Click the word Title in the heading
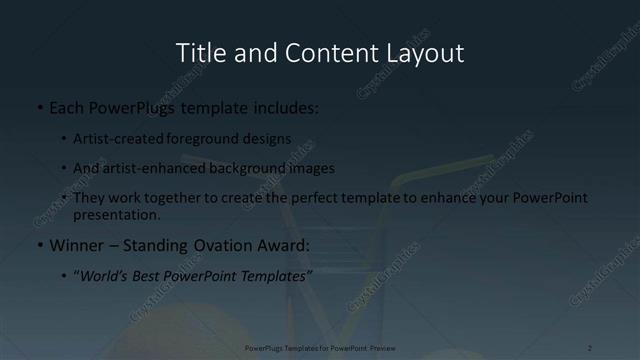[x=198, y=53]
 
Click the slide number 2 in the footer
[x=590, y=347]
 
